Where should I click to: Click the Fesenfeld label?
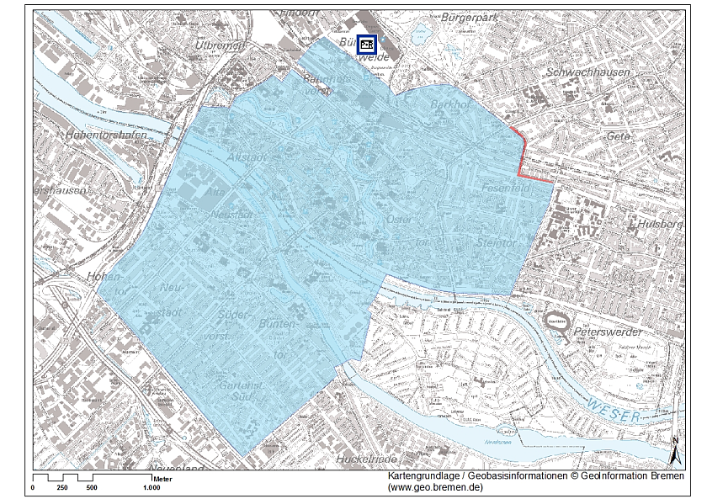505,189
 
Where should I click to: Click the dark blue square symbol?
366,45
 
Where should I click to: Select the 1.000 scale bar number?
151,487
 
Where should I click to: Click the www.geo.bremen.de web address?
435,487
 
